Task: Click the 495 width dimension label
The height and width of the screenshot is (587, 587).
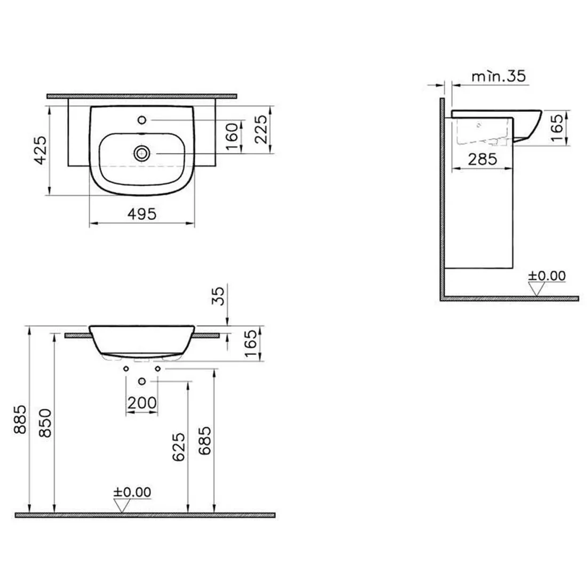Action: click(x=142, y=214)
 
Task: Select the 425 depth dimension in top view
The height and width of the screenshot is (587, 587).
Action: click(x=41, y=150)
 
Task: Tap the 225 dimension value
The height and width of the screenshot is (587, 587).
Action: click(x=261, y=129)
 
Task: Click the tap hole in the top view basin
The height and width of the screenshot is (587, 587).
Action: click(x=142, y=120)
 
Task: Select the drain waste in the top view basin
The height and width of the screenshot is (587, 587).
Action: click(x=142, y=153)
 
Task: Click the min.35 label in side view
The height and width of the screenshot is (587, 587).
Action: click(x=498, y=76)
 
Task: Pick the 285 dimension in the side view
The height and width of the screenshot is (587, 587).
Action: click(x=482, y=160)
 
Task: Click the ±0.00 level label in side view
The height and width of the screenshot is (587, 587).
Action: click(x=546, y=276)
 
